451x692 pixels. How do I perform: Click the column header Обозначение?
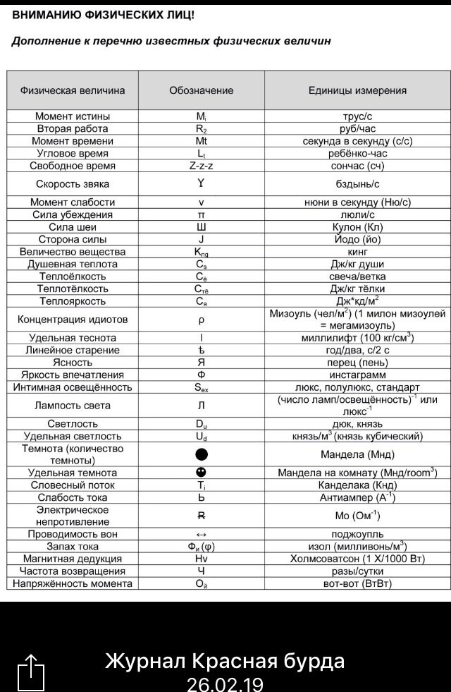coord(201,90)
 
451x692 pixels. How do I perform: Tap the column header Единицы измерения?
coord(357,90)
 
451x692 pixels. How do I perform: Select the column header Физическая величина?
coord(73,90)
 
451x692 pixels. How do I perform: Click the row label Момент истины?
coord(73,116)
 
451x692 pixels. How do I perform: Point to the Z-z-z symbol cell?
coord(201,166)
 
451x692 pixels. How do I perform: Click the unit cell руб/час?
coord(357,128)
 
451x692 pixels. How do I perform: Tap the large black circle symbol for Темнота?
coord(201,454)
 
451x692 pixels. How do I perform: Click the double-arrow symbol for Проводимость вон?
coord(201,534)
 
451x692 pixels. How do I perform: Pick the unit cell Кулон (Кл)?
coord(357,227)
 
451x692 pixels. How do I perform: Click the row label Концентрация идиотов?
coord(73,320)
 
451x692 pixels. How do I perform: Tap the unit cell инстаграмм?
coord(357,375)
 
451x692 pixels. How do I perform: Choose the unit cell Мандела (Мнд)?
coord(357,454)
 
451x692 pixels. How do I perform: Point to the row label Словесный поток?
coord(73,485)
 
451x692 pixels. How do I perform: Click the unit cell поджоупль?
coord(357,534)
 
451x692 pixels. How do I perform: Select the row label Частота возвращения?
coord(73,571)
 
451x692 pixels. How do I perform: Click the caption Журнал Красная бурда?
coord(225,661)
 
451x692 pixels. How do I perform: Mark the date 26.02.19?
coord(225,684)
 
